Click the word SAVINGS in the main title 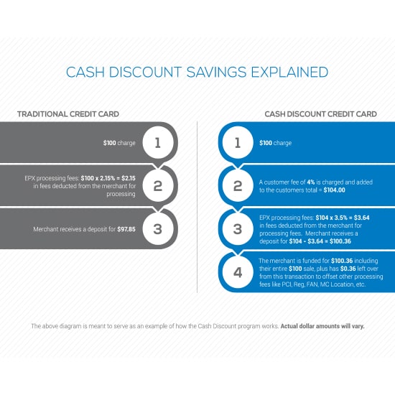tap(216, 72)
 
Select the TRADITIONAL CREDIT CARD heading tap(68, 114)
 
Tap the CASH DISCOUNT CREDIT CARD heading tap(321, 114)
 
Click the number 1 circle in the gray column tap(158, 143)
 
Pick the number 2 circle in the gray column tap(158, 186)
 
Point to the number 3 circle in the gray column tap(158, 229)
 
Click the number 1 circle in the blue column tap(238, 143)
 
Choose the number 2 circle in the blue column tap(238, 186)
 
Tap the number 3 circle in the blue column tap(238, 229)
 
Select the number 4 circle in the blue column tap(238, 272)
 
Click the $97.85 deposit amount tap(126, 229)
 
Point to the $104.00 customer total tap(334, 190)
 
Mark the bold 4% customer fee tap(311, 182)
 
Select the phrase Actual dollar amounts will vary tap(322, 326)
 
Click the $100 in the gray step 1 tap(110, 143)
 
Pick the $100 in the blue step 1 tap(266, 143)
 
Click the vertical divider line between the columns tap(197, 207)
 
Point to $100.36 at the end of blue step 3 tap(340, 241)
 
